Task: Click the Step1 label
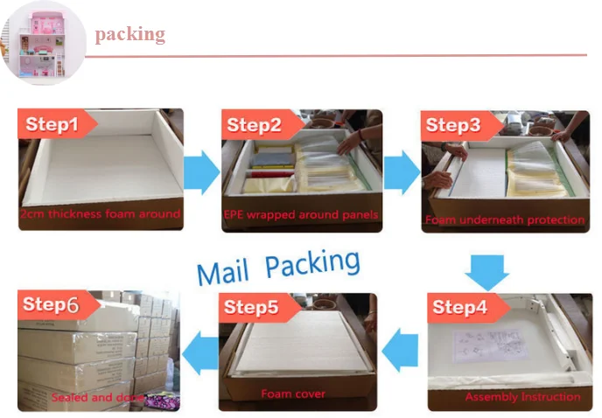tap(52, 124)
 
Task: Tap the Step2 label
tap(254, 126)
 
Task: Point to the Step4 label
tap(459, 307)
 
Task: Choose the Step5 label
tap(251, 307)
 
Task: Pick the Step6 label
tap(51, 304)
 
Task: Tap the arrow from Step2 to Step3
tap(402, 171)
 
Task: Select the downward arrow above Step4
tap(486, 271)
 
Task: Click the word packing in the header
tap(129, 34)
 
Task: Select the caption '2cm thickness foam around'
tap(101, 214)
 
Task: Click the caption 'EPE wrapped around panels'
tap(302, 215)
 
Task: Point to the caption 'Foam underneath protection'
tap(505, 219)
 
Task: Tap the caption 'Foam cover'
tap(293, 394)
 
